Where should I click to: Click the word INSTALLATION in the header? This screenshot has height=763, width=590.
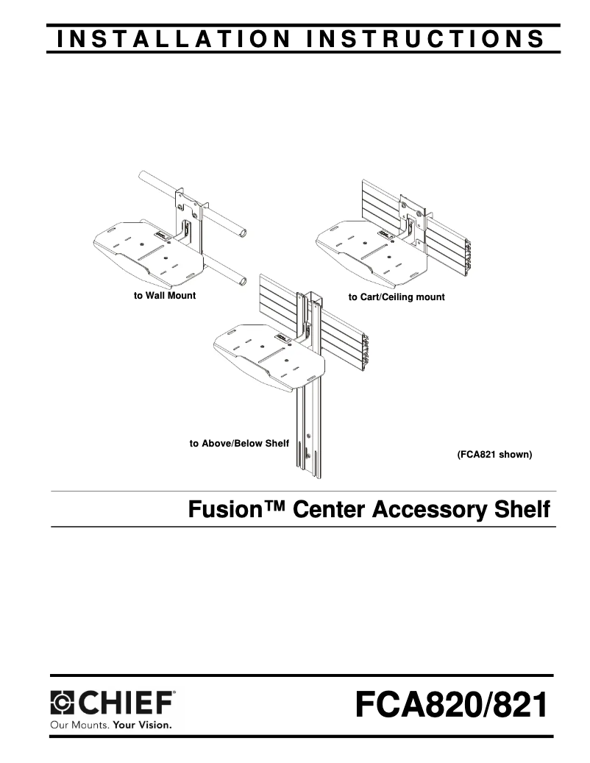[x=174, y=39]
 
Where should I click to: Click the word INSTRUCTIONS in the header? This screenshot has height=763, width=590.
[x=426, y=39]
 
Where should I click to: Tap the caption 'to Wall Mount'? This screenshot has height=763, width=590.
[x=165, y=295]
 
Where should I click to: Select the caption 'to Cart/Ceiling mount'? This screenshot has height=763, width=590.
[x=397, y=297]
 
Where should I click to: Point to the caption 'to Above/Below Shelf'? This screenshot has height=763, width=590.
[x=239, y=443]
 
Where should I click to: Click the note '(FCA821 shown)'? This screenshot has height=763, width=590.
[x=494, y=455]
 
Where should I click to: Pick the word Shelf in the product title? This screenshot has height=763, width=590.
[x=522, y=509]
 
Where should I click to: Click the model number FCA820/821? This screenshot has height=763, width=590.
[x=452, y=705]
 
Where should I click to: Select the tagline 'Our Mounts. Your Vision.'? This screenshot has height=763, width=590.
[x=111, y=725]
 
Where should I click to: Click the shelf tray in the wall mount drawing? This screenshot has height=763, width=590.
[x=148, y=253]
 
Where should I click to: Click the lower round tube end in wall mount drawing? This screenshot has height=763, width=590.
[x=241, y=281]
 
